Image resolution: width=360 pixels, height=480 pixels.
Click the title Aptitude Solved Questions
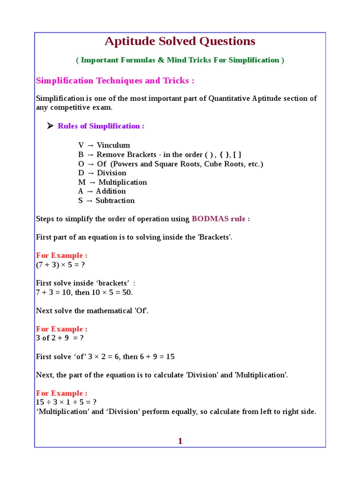click(x=180, y=42)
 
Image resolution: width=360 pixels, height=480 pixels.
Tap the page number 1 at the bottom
click(x=180, y=441)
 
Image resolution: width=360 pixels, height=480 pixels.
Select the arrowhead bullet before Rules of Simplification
click(x=51, y=126)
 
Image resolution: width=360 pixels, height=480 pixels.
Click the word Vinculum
click(x=113, y=145)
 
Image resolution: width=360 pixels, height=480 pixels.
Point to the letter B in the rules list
click(x=81, y=155)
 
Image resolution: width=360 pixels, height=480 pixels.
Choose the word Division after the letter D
click(x=111, y=173)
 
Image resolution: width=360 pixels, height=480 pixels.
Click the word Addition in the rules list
click(x=111, y=191)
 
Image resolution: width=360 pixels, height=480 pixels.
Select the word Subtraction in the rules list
click(x=115, y=201)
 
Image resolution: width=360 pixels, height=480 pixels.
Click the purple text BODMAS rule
click(x=220, y=219)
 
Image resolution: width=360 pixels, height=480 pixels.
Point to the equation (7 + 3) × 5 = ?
click(x=60, y=265)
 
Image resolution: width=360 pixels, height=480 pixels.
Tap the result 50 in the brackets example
click(x=126, y=292)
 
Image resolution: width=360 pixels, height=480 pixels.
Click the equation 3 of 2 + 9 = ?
click(x=60, y=338)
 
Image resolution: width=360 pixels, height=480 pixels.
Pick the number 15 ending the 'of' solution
click(x=170, y=357)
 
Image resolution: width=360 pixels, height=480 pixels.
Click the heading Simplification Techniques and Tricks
click(x=115, y=81)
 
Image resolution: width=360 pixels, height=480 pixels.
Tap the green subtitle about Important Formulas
click(x=180, y=60)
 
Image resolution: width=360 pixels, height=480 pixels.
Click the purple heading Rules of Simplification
click(x=101, y=126)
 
